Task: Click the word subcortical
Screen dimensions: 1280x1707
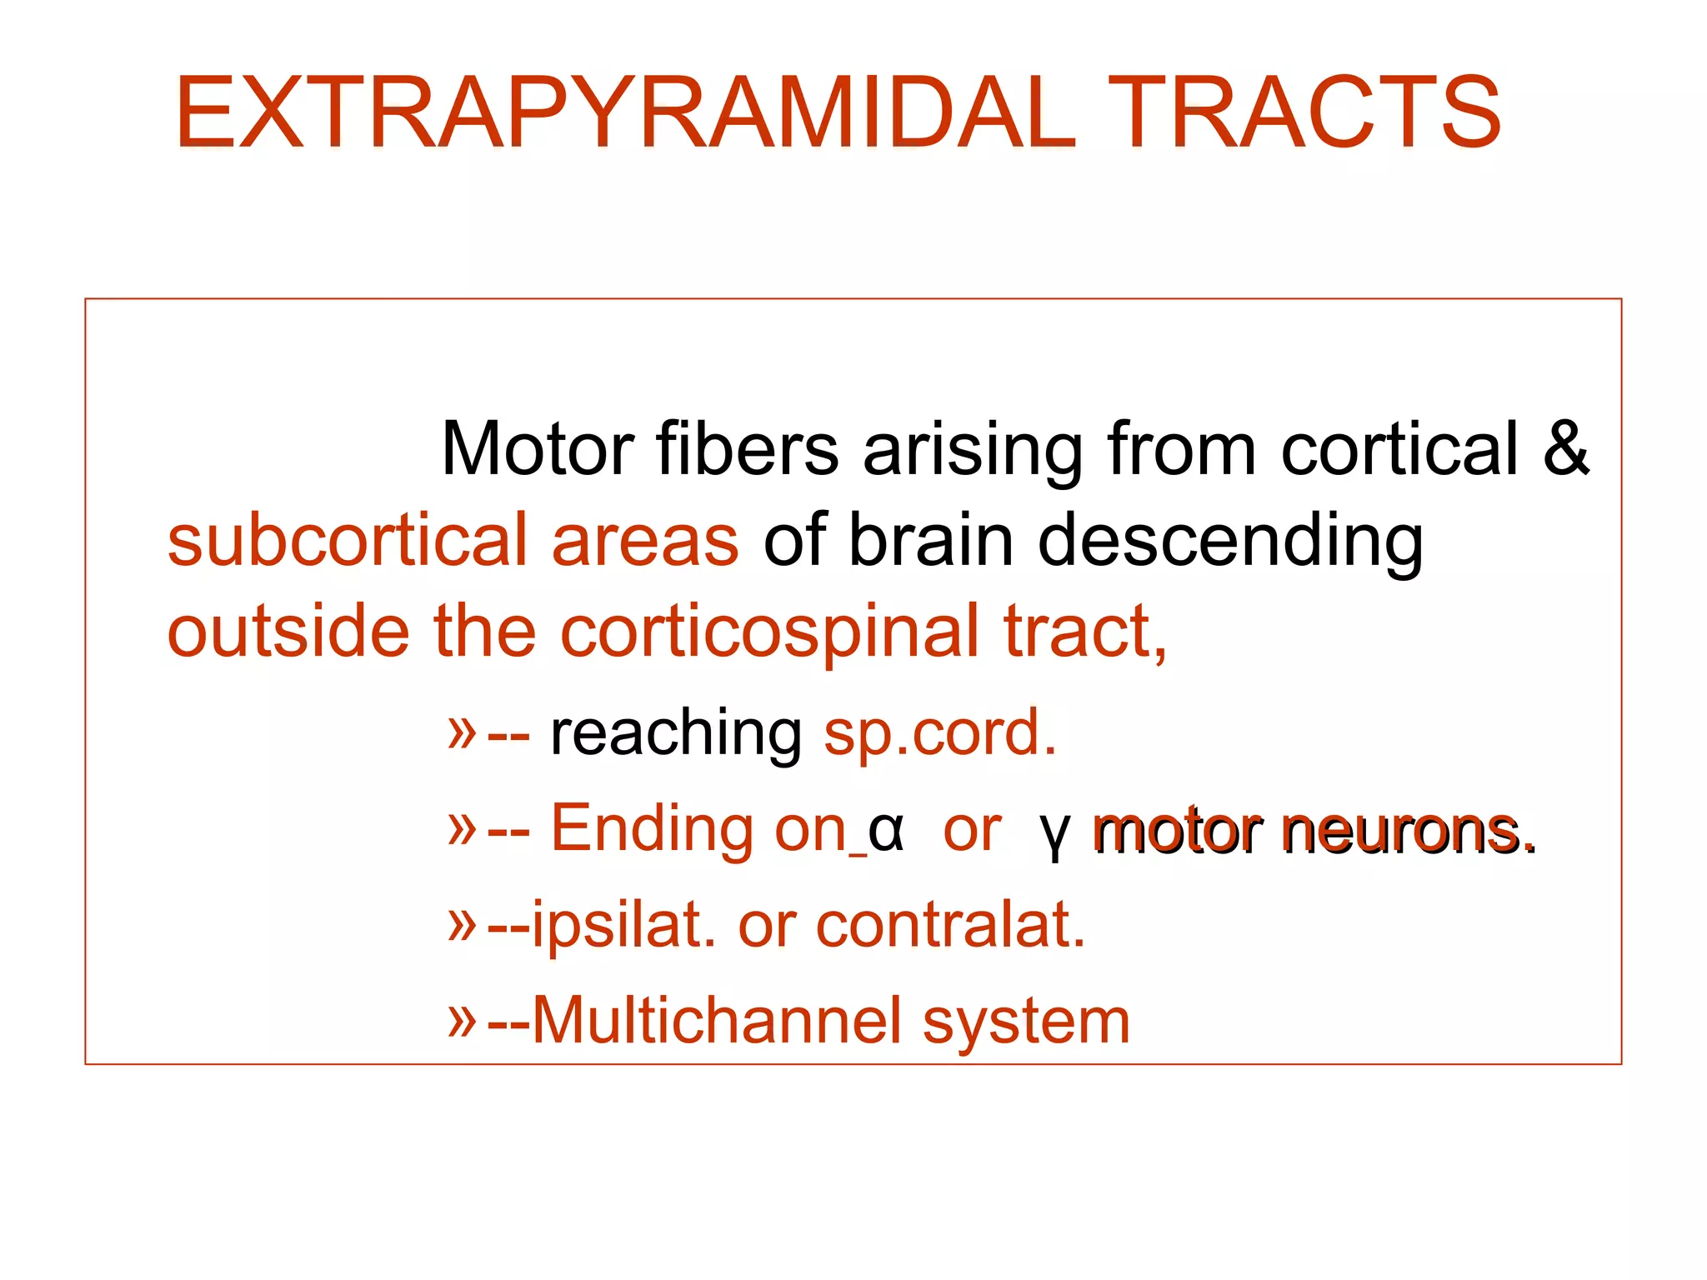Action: pyautogui.click(x=348, y=540)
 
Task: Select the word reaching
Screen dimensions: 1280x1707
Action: pyautogui.click(x=676, y=733)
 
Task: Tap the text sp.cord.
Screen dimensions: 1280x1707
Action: pyautogui.click(x=939, y=733)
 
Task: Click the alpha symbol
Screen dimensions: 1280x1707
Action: pyautogui.click(x=885, y=831)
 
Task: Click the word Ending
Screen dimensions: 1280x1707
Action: pyautogui.click(x=652, y=829)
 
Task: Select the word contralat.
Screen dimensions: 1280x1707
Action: pyautogui.click(x=950, y=925)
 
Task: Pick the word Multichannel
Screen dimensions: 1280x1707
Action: pyautogui.click(x=717, y=1021)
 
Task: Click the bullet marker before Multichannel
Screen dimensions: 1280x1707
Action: pyautogui.click(x=462, y=1021)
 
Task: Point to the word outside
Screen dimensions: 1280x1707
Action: pyautogui.click(x=288, y=632)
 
